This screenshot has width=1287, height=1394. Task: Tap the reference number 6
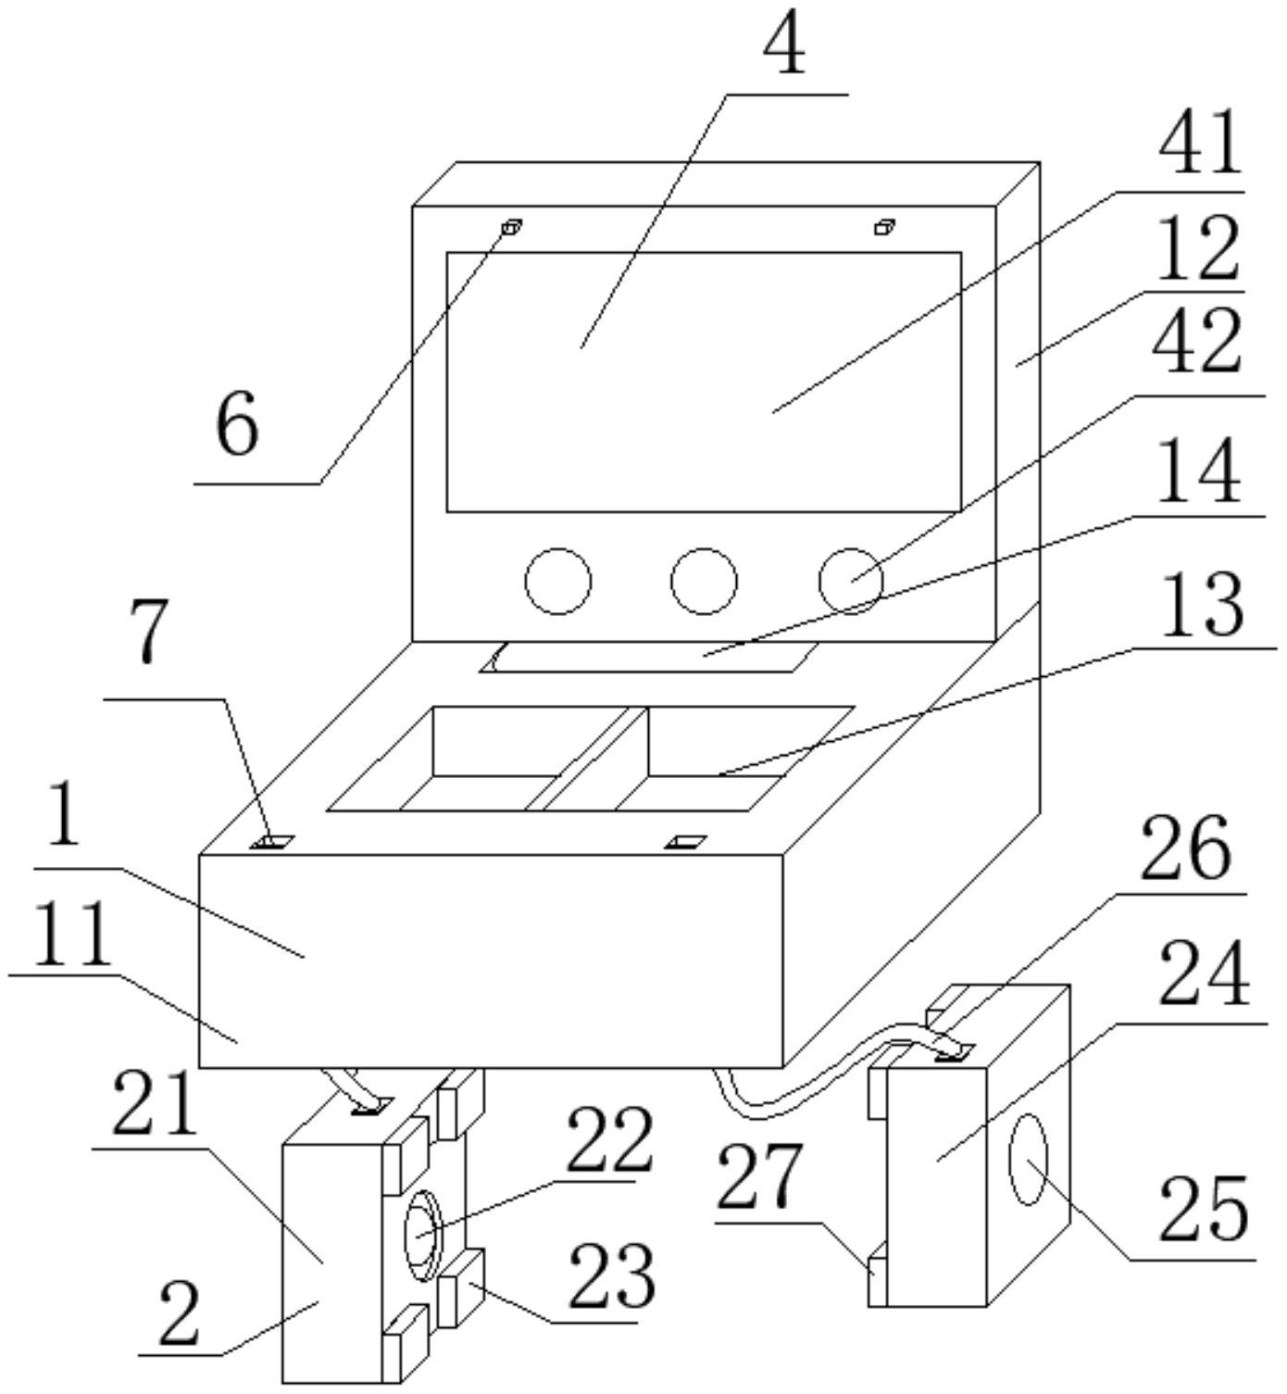237,430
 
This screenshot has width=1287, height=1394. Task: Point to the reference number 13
1202,606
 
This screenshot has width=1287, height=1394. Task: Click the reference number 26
1184,850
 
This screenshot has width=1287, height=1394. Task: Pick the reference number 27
758,1178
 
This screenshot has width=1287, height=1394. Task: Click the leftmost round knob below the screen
558,581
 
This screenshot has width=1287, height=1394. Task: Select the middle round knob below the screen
704,581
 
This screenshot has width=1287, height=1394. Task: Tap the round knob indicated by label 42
851,581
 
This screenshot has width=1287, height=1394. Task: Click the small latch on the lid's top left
512,227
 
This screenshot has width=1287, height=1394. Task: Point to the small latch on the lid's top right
884,227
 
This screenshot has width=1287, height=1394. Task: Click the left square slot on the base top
273,841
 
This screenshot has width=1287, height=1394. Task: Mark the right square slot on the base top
686,841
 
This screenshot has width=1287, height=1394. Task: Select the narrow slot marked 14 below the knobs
649,657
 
